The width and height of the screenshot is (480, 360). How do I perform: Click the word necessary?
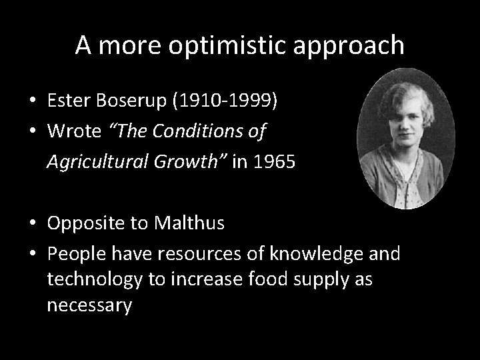pos(89,305)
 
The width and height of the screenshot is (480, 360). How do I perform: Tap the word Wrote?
pos(73,131)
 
